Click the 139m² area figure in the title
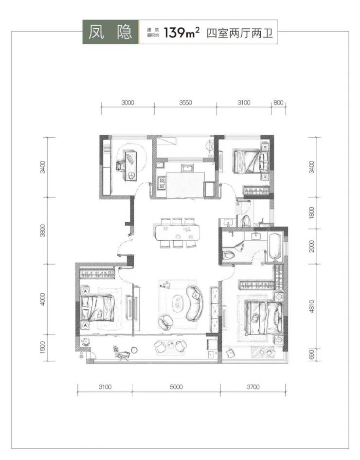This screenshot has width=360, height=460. tap(182, 33)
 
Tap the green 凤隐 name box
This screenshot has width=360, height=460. tap(110, 32)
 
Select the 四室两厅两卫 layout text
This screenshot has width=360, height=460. tap(240, 33)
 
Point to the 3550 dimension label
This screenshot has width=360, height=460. tap(185, 103)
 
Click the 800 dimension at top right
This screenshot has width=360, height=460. tap(278, 103)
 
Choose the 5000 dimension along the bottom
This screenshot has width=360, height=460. tap(176, 387)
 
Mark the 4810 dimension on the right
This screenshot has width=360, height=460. tap(311, 306)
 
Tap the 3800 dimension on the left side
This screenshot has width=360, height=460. tap(43, 230)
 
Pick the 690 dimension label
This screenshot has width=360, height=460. tap(311, 354)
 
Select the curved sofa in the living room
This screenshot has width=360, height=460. tap(195, 303)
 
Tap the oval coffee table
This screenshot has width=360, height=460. tap(177, 303)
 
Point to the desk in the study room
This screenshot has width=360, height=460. tap(131, 165)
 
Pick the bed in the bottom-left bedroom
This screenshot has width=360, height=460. tap(98, 308)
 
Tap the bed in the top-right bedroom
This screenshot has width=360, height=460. tap(251, 161)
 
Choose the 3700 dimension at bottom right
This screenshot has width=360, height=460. tap(253, 387)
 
